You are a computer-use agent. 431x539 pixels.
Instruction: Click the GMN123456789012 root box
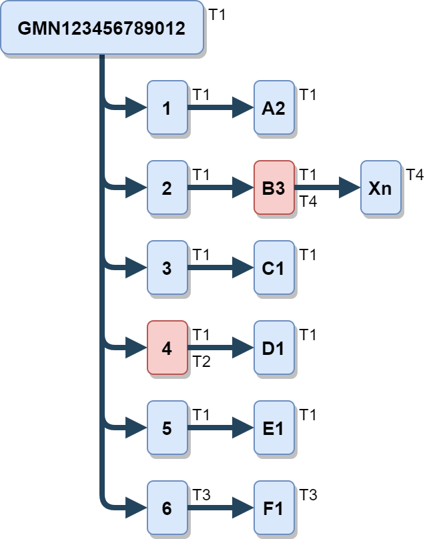tap(101, 28)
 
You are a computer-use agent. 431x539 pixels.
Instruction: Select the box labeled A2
tap(274, 108)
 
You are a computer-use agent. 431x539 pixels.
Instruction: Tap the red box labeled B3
tap(274, 188)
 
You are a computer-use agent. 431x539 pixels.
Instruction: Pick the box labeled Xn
tap(380, 188)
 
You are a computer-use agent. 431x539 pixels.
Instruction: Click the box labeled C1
tap(274, 268)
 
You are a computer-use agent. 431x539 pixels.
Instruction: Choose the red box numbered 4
tap(167, 348)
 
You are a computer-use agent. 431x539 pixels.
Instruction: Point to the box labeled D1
tap(274, 348)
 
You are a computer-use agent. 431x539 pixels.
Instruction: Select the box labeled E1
tap(274, 428)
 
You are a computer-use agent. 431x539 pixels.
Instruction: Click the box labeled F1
tap(274, 508)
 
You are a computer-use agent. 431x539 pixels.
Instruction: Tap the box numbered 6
tap(167, 508)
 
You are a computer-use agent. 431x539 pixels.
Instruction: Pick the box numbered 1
tap(167, 108)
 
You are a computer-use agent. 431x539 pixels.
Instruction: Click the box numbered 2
tap(167, 188)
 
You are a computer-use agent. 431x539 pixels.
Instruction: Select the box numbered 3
tap(167, 268)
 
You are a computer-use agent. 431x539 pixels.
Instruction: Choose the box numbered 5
tap(167, 428)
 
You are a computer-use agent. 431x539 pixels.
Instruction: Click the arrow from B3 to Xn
tap(327, 188)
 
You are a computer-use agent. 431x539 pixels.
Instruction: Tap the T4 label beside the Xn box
tap(415, 175)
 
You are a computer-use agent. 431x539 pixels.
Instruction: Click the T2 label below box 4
tap(201, 362)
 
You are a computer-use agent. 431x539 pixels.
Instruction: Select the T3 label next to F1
tap(308, 495)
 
